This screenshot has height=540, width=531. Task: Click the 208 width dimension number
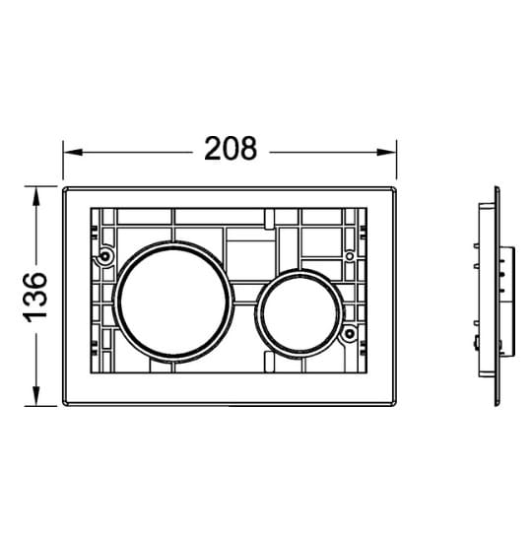pos(231,149)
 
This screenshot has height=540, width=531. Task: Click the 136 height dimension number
pos(34,298)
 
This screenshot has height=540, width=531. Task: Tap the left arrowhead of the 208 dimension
pos(73,152)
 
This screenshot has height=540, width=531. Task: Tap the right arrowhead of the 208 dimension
pos(386,152)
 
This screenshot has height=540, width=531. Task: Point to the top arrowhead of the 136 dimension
pos(35,197)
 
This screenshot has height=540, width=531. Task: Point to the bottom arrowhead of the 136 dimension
pos(35,396)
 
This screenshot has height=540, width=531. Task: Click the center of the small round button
pos(299,313)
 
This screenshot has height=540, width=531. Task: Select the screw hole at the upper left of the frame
pos(104,256)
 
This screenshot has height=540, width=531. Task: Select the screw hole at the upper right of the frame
pos(349,256)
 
